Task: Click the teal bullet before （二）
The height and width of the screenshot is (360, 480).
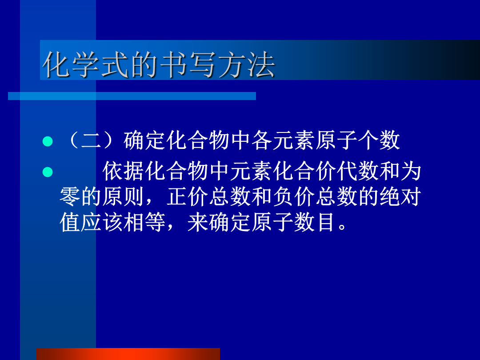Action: [x=48, y=141]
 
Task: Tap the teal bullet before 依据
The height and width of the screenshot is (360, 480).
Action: [x=48, y=172]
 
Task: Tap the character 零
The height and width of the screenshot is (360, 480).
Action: [x=70, y=196]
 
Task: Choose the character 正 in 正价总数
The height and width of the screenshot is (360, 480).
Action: [x=176, y=196]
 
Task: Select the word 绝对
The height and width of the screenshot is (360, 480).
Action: [x=400, y=196]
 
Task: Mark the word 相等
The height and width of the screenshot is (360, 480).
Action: [x=145, y=222]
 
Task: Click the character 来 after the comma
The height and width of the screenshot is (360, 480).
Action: [x=198, y=222]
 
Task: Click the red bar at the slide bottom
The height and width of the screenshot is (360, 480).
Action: [x=128, y=354]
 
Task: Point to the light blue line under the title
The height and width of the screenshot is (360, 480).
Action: [x=132, y=96]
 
